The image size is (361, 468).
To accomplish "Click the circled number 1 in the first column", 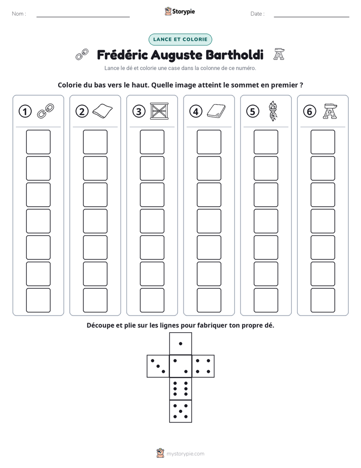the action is coord(25,111).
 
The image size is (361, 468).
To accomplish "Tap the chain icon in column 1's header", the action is coord(46,111).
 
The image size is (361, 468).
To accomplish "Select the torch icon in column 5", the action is coord(273,111).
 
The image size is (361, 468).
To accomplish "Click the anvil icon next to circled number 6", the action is coord(330,111).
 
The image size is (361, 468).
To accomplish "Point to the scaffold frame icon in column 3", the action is coord(159,111).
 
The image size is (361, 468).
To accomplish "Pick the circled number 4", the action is coord(196,111).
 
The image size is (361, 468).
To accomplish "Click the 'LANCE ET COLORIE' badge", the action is coord(180,40).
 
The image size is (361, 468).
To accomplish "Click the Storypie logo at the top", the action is coord(179,12).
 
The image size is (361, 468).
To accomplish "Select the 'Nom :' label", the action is coord(19,14).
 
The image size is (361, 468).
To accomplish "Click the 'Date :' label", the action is coord(257,14).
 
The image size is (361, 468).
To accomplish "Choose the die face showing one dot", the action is coord(180,344).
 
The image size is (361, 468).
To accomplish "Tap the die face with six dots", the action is coord(180,388).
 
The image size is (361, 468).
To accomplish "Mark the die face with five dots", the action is coord(180,411).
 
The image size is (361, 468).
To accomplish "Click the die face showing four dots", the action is coord(203,366).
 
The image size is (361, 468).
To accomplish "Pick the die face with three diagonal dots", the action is coord(158,366).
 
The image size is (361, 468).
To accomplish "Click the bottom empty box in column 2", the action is coord(95,300).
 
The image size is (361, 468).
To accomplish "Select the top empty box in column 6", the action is coord(323,142).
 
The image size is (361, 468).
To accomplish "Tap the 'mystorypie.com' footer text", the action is coord(185,454).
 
